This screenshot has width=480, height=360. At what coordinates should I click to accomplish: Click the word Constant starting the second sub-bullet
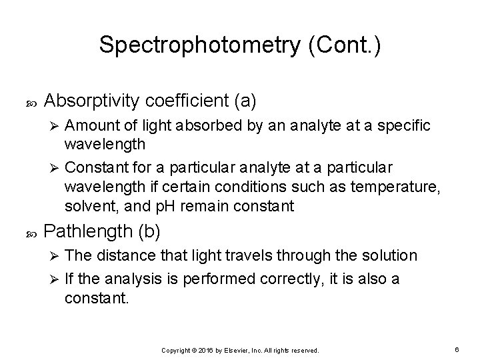click(x=96, y=165)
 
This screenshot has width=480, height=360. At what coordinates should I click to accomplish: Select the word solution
click(x=388, y=255)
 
